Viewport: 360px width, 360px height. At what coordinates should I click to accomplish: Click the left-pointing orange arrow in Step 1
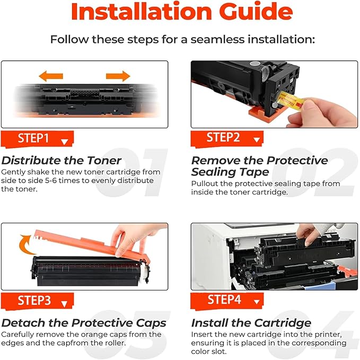51,76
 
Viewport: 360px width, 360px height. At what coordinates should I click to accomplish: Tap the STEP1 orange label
37,139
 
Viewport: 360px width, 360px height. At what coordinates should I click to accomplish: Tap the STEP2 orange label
227,138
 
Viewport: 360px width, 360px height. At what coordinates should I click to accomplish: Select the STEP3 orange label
37,301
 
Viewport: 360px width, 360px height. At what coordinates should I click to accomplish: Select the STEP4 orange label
227,300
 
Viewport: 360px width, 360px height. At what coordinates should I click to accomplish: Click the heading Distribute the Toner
62,160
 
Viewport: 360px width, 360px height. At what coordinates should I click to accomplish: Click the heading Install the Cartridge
251,323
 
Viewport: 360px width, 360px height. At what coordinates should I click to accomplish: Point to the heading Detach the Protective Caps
84,323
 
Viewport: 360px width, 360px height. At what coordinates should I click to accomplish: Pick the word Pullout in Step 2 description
205,183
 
